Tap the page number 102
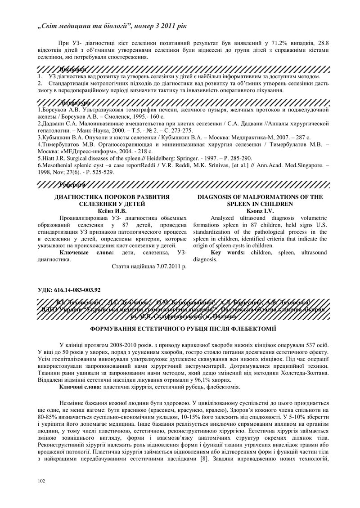42,481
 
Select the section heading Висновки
73,70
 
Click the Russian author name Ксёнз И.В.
112,210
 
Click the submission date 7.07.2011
162,266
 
